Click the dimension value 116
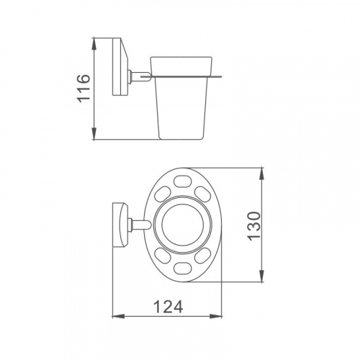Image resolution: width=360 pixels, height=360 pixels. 84,89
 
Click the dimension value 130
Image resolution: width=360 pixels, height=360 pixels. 253,226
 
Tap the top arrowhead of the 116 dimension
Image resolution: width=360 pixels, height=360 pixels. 94,44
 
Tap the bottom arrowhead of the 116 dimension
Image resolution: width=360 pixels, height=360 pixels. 94,132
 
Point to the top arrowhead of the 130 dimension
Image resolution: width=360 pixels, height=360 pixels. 262,174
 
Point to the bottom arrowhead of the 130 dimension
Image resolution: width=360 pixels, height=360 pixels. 262,276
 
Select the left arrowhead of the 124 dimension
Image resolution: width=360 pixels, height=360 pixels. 119,316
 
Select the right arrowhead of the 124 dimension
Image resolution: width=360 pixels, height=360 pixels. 216,316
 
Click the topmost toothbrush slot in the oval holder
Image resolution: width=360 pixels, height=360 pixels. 182,181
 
